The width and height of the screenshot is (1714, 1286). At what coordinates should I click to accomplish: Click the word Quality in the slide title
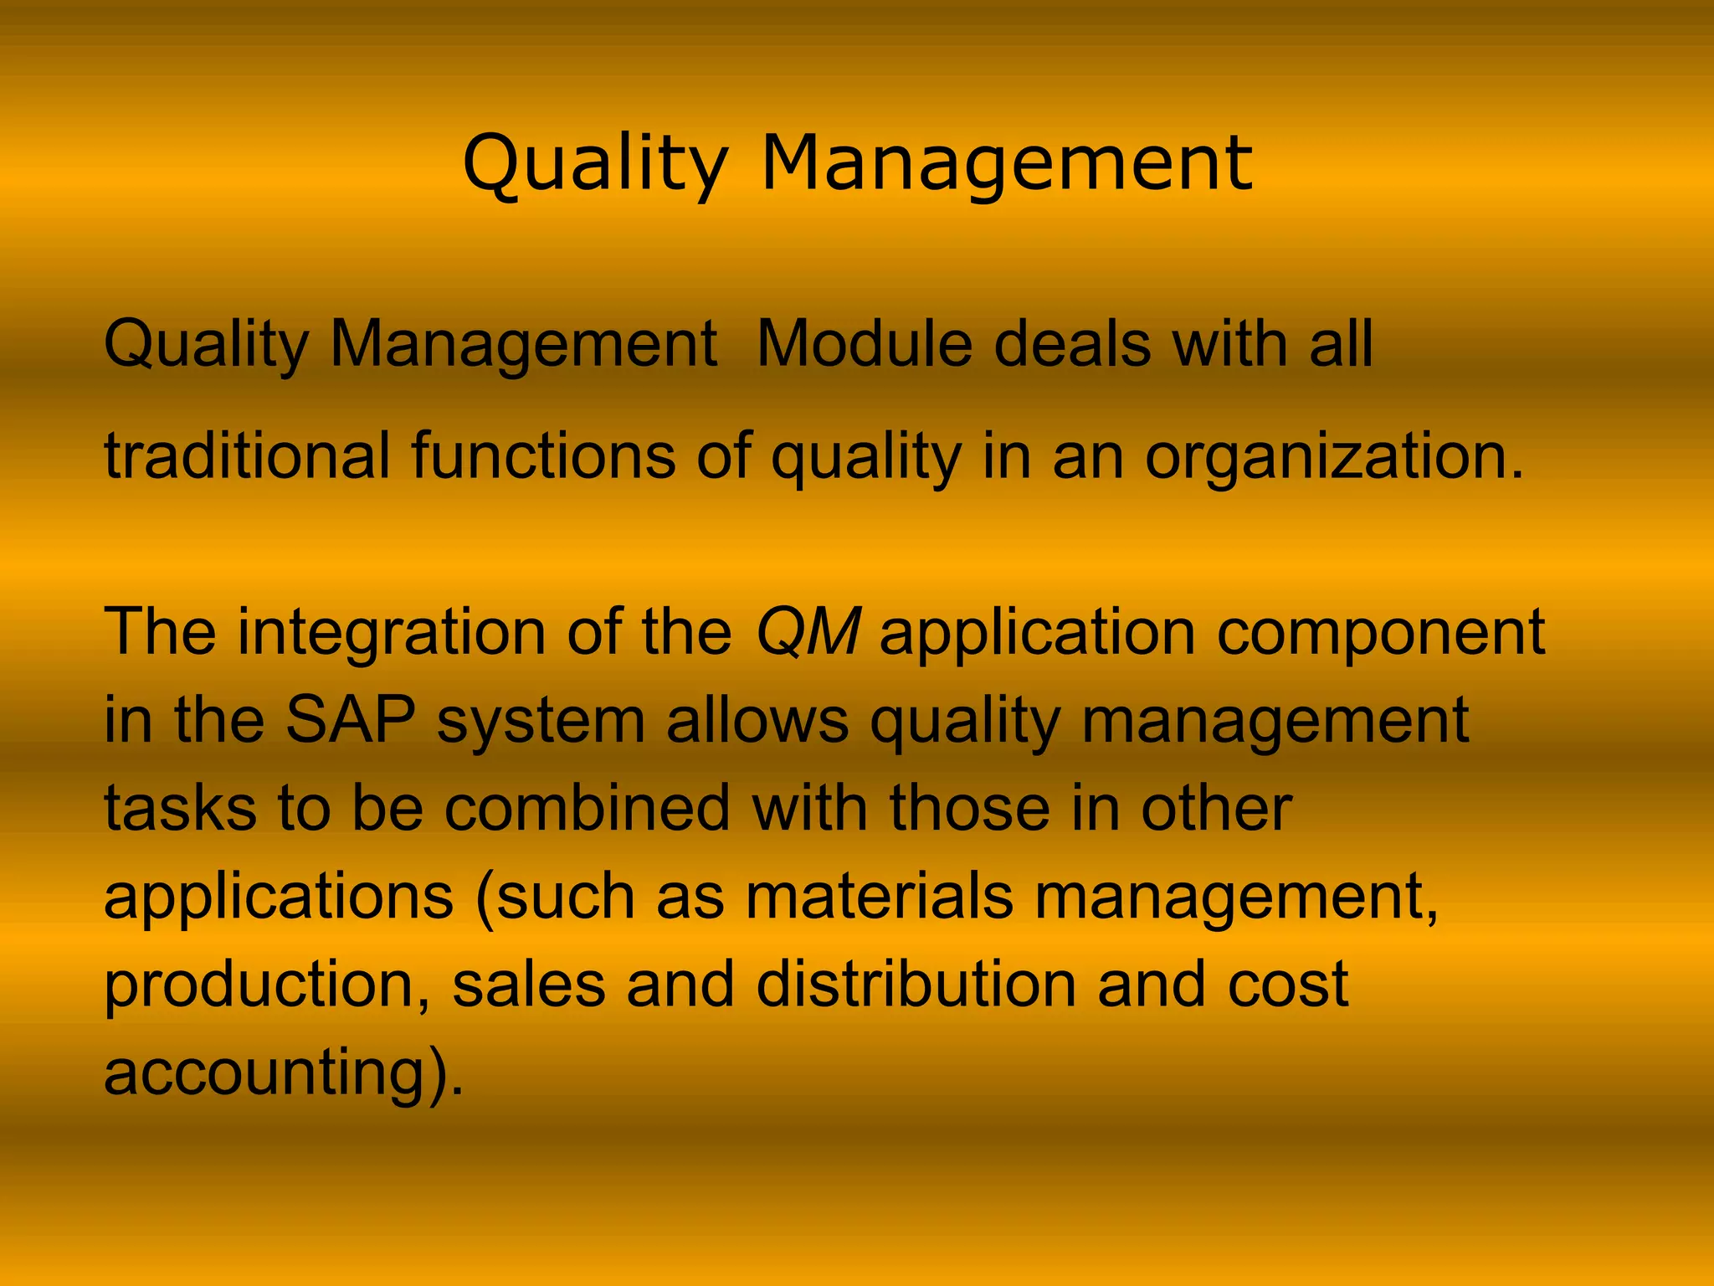[x=595, y=164]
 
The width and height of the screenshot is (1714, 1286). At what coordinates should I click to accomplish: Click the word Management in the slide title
[x=1007, y=164]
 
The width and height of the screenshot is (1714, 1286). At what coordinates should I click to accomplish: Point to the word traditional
[x=247, y=455]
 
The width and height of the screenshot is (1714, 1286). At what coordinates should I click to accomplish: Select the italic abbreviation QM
[x=808, y=633]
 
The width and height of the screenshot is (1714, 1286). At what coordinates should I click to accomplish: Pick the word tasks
[x=180, y=809]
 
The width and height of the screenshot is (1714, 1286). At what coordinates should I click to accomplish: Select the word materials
[x=880, y=897]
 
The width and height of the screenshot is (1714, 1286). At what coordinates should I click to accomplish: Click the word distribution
[x=916, y=985]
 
